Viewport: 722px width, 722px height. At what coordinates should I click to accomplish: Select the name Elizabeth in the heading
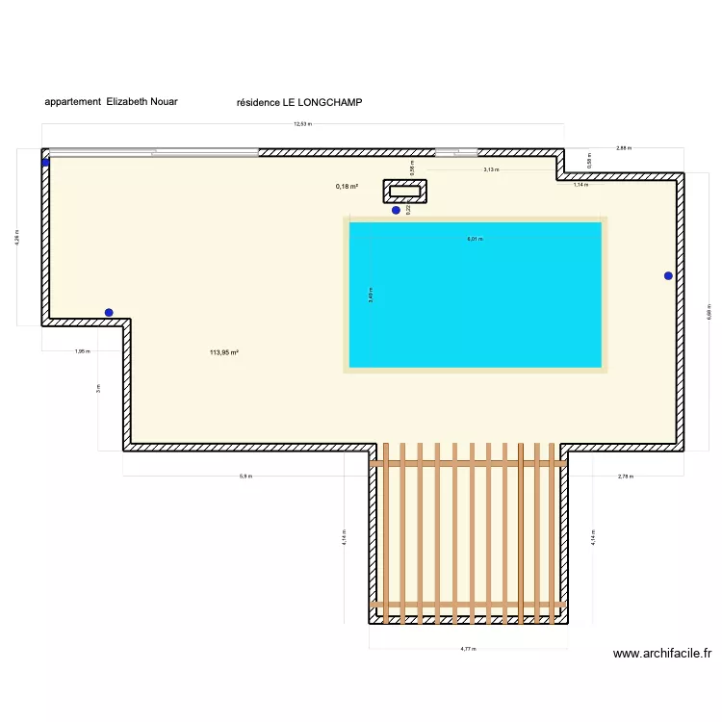[x=128, y=101]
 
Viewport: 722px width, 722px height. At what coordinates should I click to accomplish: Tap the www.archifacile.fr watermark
[x=662, y=654]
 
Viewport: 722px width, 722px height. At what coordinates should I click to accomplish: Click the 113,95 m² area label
[x=223, y=352]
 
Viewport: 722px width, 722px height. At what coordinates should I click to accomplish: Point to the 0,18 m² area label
[x=347, y=187]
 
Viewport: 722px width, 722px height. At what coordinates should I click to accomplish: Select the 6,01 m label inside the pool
[x=475, y=238]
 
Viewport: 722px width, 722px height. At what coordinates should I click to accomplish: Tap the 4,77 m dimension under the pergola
[x=468, y=649]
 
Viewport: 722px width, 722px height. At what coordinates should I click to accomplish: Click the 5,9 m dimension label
[x=245, y=477]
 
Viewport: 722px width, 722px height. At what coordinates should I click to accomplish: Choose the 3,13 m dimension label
[x=491, y=169]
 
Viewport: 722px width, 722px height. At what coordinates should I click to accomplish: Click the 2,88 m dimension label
[x=623, y=148]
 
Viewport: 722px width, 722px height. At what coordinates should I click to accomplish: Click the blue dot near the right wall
[x=668, y=276]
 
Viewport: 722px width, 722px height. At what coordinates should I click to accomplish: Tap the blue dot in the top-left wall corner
[x=45, y=163]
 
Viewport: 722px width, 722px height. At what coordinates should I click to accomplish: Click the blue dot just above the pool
[x=396, y=210]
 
